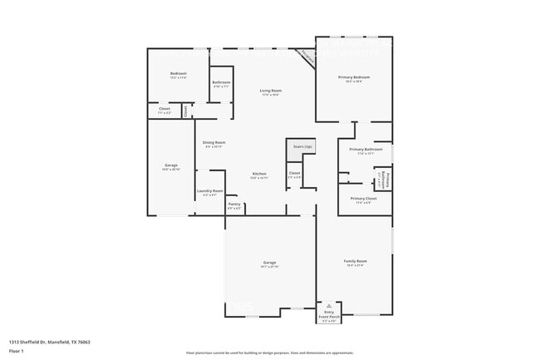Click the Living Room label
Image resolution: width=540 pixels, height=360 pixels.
270,91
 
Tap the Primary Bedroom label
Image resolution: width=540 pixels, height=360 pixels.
354,77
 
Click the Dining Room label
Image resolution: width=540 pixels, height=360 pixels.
214,143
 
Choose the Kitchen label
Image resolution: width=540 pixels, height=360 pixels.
259,174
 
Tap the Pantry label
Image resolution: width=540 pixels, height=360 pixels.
234,205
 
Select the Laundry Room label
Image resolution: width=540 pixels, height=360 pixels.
209,191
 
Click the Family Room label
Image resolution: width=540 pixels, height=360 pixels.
356,262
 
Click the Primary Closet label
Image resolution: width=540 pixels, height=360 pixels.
364,199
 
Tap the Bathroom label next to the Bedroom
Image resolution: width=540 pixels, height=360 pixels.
221,82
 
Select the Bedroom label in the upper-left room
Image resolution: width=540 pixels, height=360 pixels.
178,74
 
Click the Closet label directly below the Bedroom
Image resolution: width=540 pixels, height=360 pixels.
164,109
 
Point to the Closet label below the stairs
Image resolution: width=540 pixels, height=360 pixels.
294,174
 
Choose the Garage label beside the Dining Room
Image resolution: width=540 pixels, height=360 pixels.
170,165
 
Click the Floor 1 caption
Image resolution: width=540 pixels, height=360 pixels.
17,352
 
